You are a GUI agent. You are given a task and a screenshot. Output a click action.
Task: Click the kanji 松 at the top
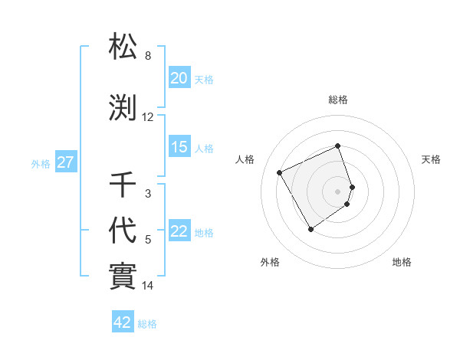(x=123, y=47)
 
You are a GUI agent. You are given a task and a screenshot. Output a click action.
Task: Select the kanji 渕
(x=123, y=109)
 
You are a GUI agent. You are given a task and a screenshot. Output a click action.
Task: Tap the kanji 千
(x=123, y=186)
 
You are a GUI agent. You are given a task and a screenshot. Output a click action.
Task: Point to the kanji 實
(x=123, y=274)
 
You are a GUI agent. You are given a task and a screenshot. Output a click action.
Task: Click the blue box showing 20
(x=179, y=78)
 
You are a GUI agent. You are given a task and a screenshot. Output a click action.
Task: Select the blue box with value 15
(x=179, y=148)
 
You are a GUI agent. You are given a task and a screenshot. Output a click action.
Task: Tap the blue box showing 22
(x=179, y=232)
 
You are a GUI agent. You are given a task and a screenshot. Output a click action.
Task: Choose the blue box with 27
(x=65, y=162)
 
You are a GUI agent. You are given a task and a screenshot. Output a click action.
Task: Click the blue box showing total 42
(x=123, y=322)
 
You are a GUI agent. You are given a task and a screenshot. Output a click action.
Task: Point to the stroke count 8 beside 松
(x=148, y=56)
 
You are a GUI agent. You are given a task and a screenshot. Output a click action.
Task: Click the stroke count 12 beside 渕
(x=148, y=118)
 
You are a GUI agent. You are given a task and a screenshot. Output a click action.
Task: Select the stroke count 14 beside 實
(x=148, y=286)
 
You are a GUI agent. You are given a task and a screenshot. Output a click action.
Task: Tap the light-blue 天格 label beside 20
(x=204, y=79)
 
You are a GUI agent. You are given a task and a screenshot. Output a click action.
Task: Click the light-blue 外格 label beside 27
(x=41, y=163)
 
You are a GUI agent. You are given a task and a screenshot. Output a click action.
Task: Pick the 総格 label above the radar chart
(x=338, y=100)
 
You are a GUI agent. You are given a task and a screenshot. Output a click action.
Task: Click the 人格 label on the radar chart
(x=245, y=159)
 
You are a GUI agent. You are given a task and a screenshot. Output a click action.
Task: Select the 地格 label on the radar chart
(x=402, y=263)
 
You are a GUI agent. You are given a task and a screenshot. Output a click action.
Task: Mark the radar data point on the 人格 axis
(x=280, y=172)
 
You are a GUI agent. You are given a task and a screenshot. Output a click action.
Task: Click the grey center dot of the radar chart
(x=338, y=191)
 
